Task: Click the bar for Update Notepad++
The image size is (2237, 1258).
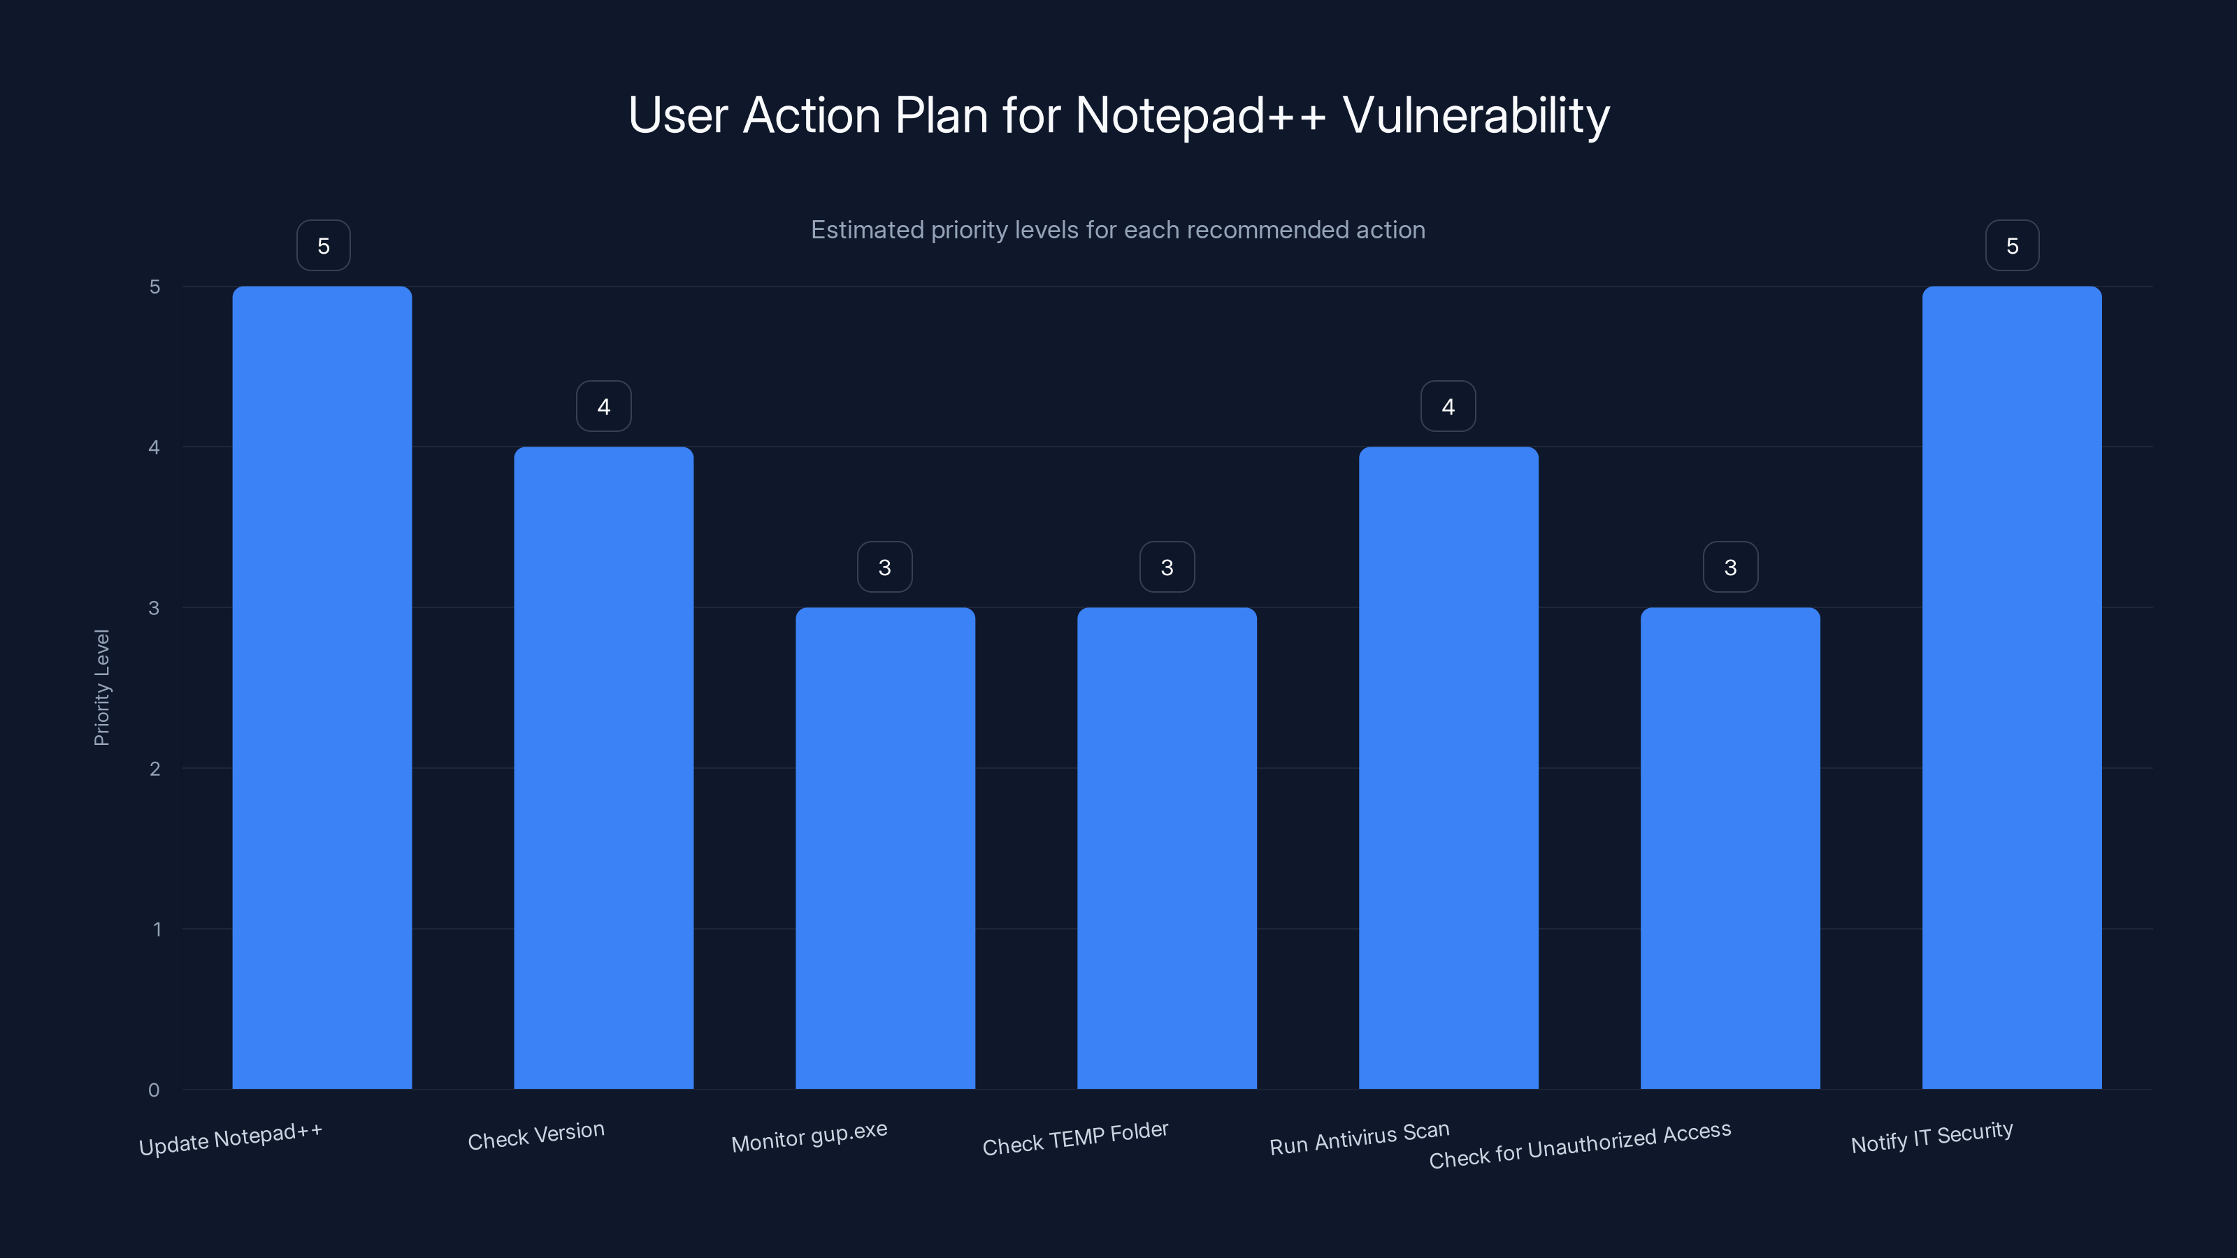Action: (322, 687)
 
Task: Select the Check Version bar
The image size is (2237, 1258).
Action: (603, 767)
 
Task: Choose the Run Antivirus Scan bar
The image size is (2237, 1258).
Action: (1448, 767)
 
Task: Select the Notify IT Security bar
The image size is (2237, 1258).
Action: (2011, 687)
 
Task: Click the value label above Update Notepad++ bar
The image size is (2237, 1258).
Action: (323, 246)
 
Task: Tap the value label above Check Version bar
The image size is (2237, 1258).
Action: (603, 406)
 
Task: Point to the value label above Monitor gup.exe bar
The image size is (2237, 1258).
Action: (885, 567)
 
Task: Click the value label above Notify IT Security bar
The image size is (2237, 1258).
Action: (2012, 246)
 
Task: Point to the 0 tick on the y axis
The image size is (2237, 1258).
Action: (154, 1090)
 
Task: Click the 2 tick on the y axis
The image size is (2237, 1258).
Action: (154, 768)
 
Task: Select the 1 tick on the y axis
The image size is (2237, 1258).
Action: (157, 929)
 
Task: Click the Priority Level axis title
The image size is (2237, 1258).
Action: (101, 687)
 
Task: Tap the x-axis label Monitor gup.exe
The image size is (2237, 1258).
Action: (810, 1136)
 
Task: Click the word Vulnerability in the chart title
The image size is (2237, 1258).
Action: (1476, 115)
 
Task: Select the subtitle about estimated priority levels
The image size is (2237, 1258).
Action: (1118, 230)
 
